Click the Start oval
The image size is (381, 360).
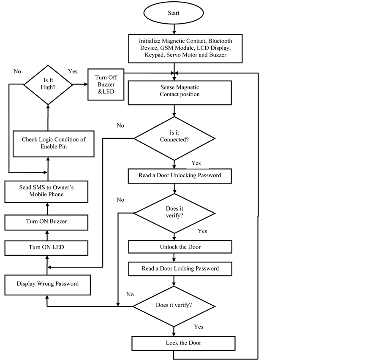(x=174, y=13)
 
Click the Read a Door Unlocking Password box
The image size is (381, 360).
(x=180, y=176)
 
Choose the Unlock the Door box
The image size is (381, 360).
(x=180, y=247)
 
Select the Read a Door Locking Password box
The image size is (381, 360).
(x=180, y=268)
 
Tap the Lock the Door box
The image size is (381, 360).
(x=183, y=343)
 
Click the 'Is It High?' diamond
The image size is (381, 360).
(x=48, y=84)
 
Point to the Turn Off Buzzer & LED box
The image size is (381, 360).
(x=105, y=84)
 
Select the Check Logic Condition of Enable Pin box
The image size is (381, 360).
(x=53, y=143)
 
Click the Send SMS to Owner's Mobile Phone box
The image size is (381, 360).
(x=46, y=191)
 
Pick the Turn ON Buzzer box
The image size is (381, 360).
(x=46, y=222)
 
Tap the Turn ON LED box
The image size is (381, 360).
(x=46, y=247)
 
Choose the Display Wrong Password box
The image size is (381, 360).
(x=47, y=284)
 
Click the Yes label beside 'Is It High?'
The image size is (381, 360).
(x=73, y=72)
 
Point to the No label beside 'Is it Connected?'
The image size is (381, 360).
(x=121, y=126)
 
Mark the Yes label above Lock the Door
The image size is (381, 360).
(x=199, y=327)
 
